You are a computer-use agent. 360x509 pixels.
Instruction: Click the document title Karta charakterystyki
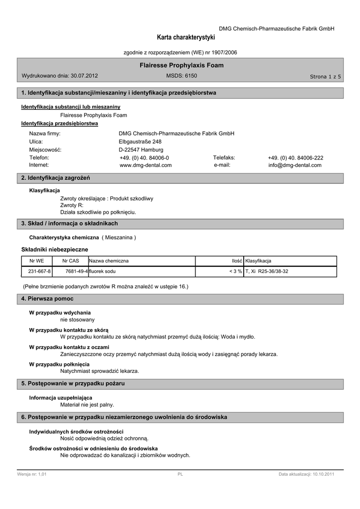[x=186, y=38]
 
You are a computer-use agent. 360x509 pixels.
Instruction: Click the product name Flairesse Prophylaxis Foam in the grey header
[x=181, y=65]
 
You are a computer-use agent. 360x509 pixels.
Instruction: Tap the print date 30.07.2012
[x=85, y=76]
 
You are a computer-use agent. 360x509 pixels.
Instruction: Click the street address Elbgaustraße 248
[x=140, y=142]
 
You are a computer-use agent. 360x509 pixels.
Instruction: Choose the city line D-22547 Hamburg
[x=141, y=150]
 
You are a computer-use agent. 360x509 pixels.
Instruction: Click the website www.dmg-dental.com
[x=146, y=165]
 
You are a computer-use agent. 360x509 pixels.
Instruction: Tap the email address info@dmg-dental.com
[x=295, y=165]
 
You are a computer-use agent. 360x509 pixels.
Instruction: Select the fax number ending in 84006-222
[x=295, y=158]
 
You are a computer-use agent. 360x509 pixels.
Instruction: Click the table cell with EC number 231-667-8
[x=40, y=271]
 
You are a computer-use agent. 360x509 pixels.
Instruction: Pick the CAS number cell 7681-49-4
[x=77, y=271]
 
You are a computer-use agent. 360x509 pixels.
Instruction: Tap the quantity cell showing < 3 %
[x=235, y=271]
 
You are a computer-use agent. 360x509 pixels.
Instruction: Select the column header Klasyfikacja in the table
[x=259, y=261]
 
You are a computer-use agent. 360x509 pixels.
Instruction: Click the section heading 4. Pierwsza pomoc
[x=48, y=298]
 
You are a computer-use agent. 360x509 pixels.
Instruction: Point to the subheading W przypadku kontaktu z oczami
[x=69, y=347]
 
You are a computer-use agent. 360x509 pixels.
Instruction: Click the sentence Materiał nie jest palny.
[x=87, y=405]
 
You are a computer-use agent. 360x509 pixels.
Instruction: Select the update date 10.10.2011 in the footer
[x=323, y=475]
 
